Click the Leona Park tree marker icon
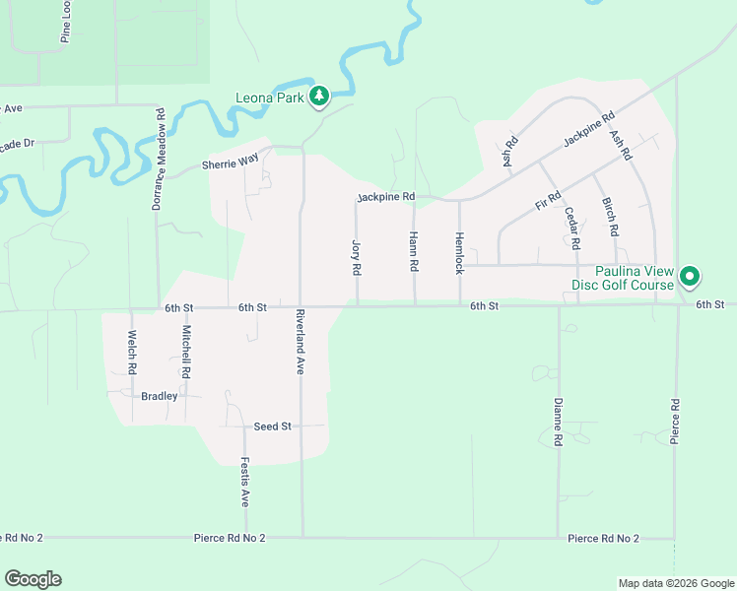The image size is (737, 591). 318,96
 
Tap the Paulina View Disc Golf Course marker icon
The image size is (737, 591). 691,278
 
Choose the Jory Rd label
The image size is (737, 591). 357,256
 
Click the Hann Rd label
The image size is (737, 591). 414,252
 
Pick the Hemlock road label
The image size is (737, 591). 459,253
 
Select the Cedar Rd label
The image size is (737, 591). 570,229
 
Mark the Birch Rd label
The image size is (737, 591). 611,217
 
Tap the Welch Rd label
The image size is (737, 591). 131,351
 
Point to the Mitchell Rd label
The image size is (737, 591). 185,354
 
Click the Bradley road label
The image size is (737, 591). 160,396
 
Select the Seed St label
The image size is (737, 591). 273,427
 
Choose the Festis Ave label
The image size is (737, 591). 245,480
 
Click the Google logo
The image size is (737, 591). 33,579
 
